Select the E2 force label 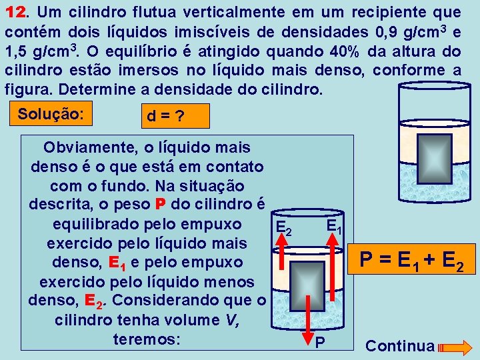click(284, 229)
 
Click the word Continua click(400, 346)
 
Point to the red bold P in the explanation click(159, 203)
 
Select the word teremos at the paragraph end click(147, 339)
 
